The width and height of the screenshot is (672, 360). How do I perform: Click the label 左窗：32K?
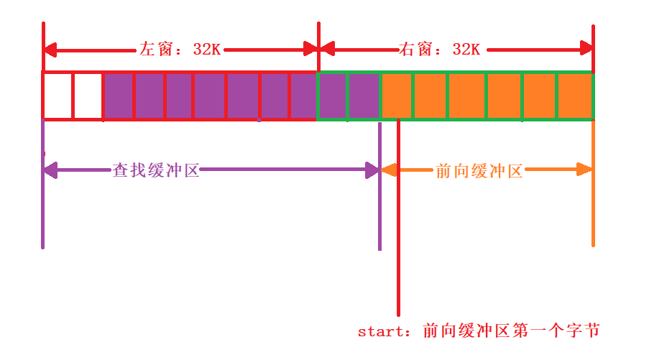(180, 50)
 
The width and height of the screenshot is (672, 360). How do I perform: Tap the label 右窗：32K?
(439, 50)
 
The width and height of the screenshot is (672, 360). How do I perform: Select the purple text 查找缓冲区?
(156, 171)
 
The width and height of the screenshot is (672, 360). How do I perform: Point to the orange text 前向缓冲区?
(479, 171)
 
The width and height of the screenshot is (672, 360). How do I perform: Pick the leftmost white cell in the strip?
(58, 96)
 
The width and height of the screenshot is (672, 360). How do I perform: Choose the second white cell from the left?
(88, 96)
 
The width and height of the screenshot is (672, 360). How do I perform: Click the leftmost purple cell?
(118, 96)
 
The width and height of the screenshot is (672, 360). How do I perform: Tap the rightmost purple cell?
(364, 96)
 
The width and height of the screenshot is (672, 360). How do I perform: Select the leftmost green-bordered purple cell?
(333, 96)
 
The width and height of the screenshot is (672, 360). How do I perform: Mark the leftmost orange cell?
(396, 96)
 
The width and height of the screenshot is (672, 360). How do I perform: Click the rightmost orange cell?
(574, 96)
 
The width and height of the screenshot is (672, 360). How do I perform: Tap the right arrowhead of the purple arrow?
(373, 170)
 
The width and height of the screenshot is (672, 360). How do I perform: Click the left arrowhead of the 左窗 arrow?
(50, 50)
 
